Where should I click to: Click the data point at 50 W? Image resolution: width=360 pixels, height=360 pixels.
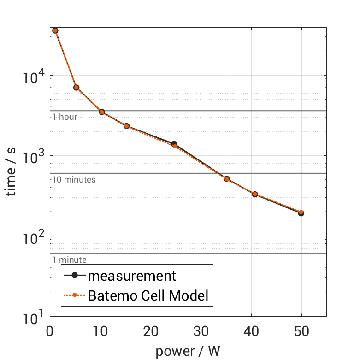pos(301,213)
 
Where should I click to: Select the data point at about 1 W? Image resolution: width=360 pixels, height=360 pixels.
pos(55,30)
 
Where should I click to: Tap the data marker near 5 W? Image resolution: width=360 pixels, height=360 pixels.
pos(77,88)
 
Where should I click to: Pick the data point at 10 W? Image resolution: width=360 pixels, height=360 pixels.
pos(102,112)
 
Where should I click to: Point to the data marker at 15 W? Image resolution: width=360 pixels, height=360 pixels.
pos(126,126)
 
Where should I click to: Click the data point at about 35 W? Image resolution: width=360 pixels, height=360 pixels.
pos(227,179)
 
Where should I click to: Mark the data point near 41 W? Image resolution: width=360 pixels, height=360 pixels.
pos(255,194)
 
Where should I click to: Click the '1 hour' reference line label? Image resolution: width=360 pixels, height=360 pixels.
pos(65,117)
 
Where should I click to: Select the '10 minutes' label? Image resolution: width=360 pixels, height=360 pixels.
pos(74,180)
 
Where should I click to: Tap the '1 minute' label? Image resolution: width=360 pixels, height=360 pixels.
pos(69,260)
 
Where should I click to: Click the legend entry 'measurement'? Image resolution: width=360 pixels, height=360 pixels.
pos(132,276)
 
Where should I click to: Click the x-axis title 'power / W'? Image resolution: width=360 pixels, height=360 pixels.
pos(188,352)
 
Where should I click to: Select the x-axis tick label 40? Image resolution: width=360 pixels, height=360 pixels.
pos(251,331)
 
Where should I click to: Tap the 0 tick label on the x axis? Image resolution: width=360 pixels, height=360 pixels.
pos(50,331)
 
